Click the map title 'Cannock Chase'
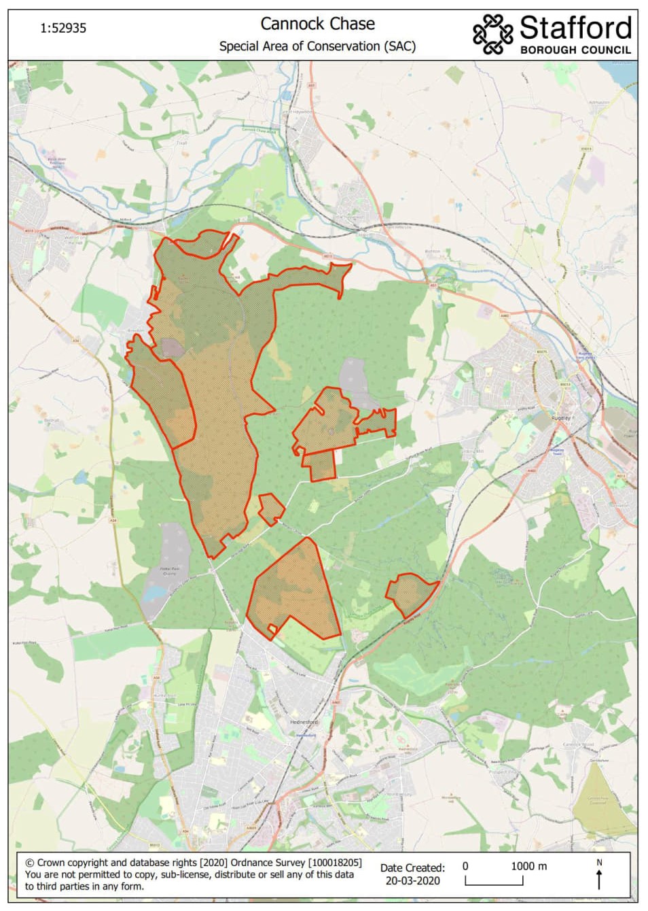pos(317,24)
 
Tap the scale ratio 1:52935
pos(63,29)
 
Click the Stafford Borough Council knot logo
pos(492,33)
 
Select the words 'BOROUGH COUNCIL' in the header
pos(575,50)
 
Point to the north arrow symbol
pos(598,877)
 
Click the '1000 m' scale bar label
pos(528,866)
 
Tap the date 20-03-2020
pos(412,881)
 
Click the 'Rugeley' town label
pos(563,418)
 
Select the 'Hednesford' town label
pos(304,722)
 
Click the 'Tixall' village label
pos(181,143)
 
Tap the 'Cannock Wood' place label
pos(578,744)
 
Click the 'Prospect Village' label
pos(503,772)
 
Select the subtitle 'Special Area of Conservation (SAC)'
pos(317,46)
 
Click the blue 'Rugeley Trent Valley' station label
pos(586,355)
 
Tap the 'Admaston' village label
pos(599,103)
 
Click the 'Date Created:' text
pos(412,867)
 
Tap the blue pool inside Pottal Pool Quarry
pos(155,593)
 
